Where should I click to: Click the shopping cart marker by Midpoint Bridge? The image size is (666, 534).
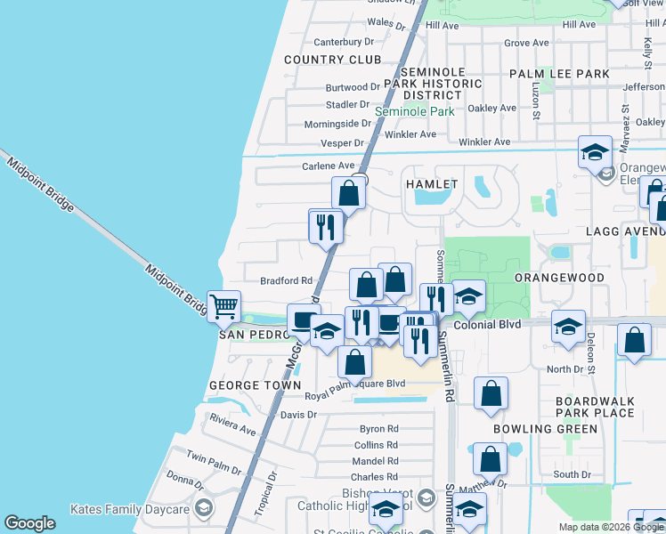[223, 307]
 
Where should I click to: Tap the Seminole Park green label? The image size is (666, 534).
[414, 112]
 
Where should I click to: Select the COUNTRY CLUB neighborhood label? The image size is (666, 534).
[332, 60]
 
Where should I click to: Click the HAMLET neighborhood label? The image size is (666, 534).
[432, 184]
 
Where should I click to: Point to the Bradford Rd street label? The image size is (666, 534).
[285, 280]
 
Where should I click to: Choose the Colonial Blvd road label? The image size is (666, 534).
[486, 326]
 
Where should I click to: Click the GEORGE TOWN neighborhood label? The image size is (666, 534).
[248, 385]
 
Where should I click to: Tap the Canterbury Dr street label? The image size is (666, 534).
[343, 42]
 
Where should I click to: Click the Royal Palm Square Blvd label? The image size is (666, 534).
[354, 384]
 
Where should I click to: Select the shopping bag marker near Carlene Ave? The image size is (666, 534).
[349, 193]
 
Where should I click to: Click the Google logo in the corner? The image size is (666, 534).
[29, 523]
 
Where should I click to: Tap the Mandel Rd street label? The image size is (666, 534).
[375, 461]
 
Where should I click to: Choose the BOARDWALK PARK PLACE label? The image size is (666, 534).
[595, 407]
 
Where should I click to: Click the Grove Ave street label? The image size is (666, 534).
[526, 43]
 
